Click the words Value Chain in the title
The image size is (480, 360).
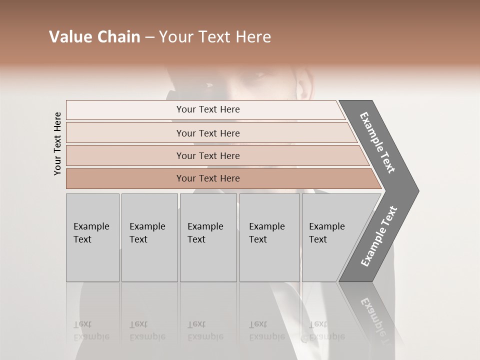point(94,37)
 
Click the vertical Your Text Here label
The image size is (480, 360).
point(57,144)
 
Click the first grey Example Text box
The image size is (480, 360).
point(92,237)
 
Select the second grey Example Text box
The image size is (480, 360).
point(149,237)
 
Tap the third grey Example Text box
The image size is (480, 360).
point(208,237)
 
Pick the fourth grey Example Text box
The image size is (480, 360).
point(269,237)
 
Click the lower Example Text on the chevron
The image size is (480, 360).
point(379,236)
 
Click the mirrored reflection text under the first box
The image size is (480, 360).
point(91,331)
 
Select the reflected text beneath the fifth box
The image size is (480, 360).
point(326,331)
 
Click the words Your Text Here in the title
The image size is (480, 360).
point(215,37)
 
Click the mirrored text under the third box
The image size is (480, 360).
point(205,331)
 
